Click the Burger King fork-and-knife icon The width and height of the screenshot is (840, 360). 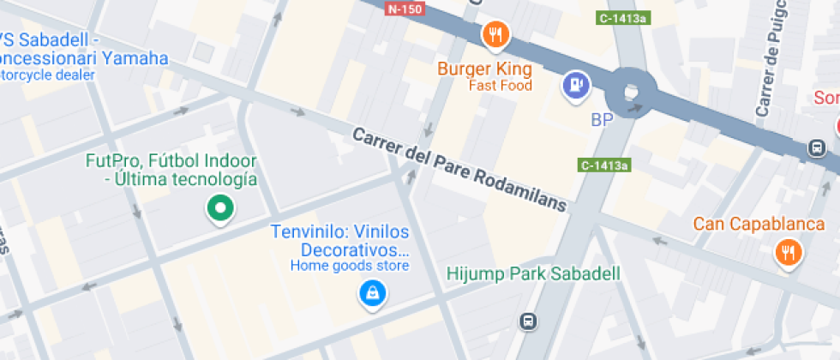pyautogui.click(x=495, y=35)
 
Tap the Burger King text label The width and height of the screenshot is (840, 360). pyautogui.click(x=484, y=69)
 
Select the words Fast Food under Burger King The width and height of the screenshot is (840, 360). pyautogui.click(x=500, y=86)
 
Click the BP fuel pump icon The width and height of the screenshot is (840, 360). pyautogui.click(x=575, y=84)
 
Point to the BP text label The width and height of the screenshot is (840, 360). pyautogui.click(x=603, y=120)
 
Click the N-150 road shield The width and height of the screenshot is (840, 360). pyautogui.click(x=405, y=9)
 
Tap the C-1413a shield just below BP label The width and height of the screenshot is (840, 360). pyautogui.click(x=605, y=165)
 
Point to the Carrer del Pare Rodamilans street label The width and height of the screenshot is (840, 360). pyautogui.click(x=460, y=170)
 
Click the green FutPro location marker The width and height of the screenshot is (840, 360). pyautogui.click(x=220, y=207)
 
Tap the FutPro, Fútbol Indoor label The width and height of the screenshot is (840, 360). pyautogui.click(x=172, y=161)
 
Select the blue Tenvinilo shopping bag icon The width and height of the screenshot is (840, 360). pyautogui.click(x=372, y=294)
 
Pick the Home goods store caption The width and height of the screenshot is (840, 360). pyautogui.click(x=349, y=266)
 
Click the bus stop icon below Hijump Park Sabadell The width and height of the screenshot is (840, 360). pyautogui.click(x=529, y=321)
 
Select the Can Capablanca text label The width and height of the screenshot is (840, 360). pyautogui.click(x=759, y=225)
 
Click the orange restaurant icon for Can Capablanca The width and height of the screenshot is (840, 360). pyautogui.click(x=787, y=252)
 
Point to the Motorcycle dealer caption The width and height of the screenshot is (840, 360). pyautogui.click(x=48, y=75)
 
